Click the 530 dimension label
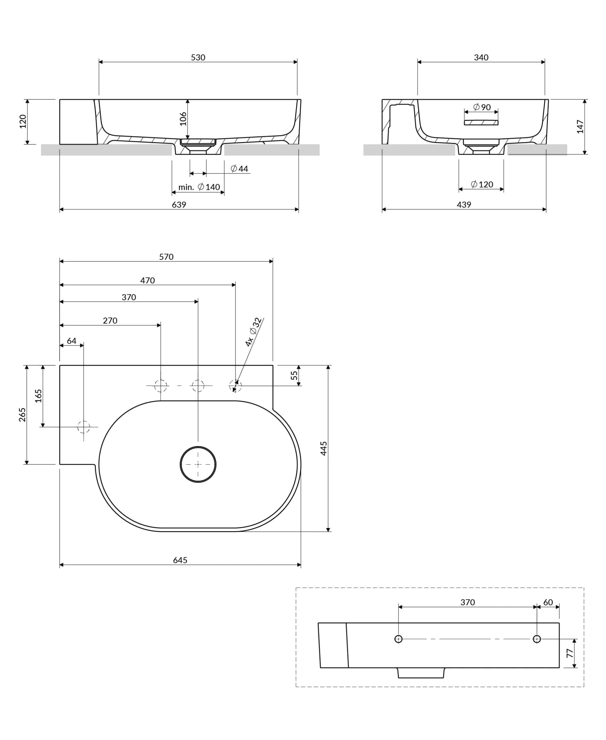198,57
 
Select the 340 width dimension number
481,57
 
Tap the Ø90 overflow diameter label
482,107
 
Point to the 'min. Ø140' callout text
199,187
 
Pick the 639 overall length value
179,205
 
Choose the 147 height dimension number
580,126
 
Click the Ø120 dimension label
482,184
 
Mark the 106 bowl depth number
183,119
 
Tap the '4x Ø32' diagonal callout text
253,332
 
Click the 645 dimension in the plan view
180,560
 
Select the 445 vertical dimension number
324,448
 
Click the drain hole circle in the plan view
198,464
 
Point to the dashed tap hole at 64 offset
84,426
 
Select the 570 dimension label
166,257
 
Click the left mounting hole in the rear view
398,639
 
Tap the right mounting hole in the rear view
537,639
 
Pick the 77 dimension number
570,653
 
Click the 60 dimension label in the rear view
548,602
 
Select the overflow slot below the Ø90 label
481,122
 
